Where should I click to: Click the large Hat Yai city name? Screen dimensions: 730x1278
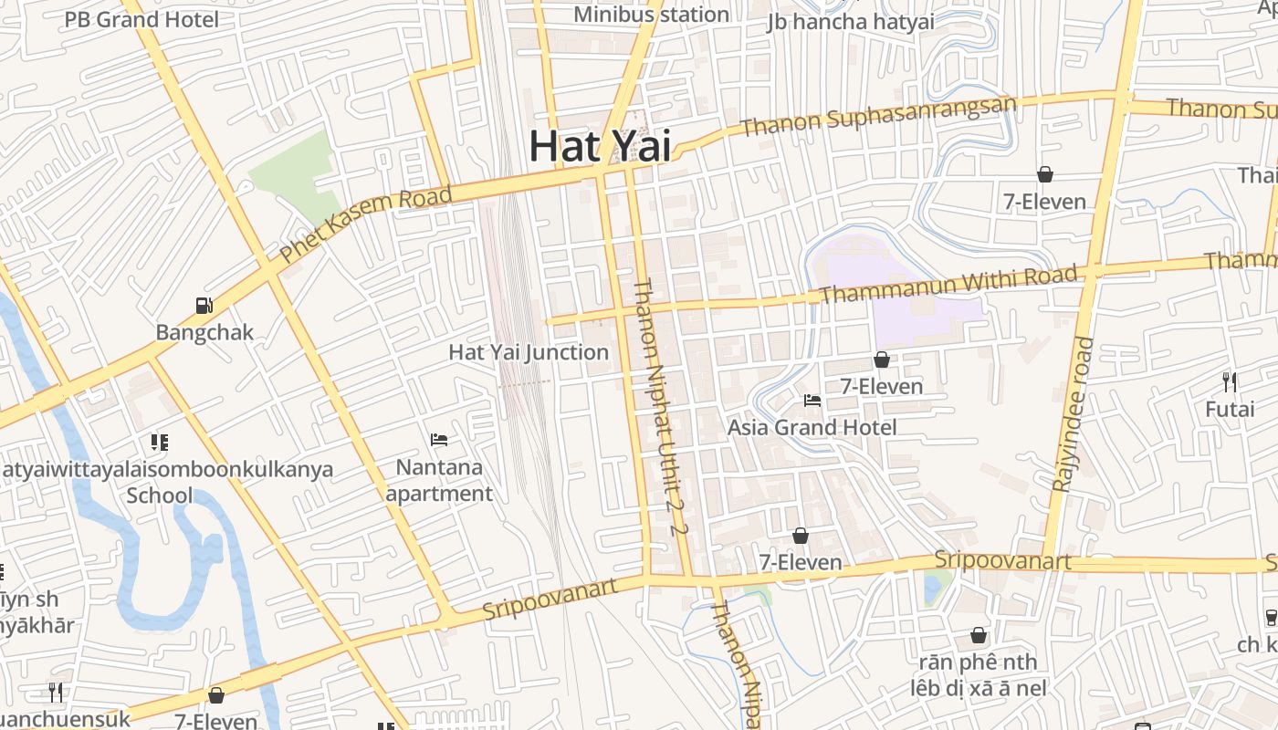pos(600,146)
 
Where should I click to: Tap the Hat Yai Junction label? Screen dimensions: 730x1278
pos(529,352)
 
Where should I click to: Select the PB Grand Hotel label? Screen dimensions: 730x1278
pos(141,18)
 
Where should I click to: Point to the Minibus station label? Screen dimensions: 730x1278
pos(651,15)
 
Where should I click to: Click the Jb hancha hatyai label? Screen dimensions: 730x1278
pos(852,21)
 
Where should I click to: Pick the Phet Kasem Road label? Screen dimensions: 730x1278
pos(366,224)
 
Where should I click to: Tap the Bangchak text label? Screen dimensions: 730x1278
pos(204,332)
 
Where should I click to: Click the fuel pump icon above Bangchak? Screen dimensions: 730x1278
pos(204,306)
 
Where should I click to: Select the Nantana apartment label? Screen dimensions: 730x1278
pos(439,480)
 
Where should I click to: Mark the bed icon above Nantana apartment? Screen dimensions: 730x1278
pos(439,440)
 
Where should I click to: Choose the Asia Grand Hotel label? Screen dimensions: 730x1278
pos(812,427)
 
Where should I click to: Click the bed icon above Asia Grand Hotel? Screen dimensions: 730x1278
pos(812,400)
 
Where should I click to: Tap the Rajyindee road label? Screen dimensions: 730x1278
pos(1073,415)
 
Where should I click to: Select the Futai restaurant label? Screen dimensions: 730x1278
pos(1230,409)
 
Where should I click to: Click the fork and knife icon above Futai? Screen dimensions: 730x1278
pos(1230,381)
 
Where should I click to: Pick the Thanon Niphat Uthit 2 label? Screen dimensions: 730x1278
pos(658,407)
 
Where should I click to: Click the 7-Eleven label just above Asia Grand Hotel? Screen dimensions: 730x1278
pos(881,386)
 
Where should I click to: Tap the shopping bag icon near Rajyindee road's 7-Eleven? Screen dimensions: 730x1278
pos(1045,174)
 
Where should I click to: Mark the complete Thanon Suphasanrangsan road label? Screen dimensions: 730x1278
pos(878,115)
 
